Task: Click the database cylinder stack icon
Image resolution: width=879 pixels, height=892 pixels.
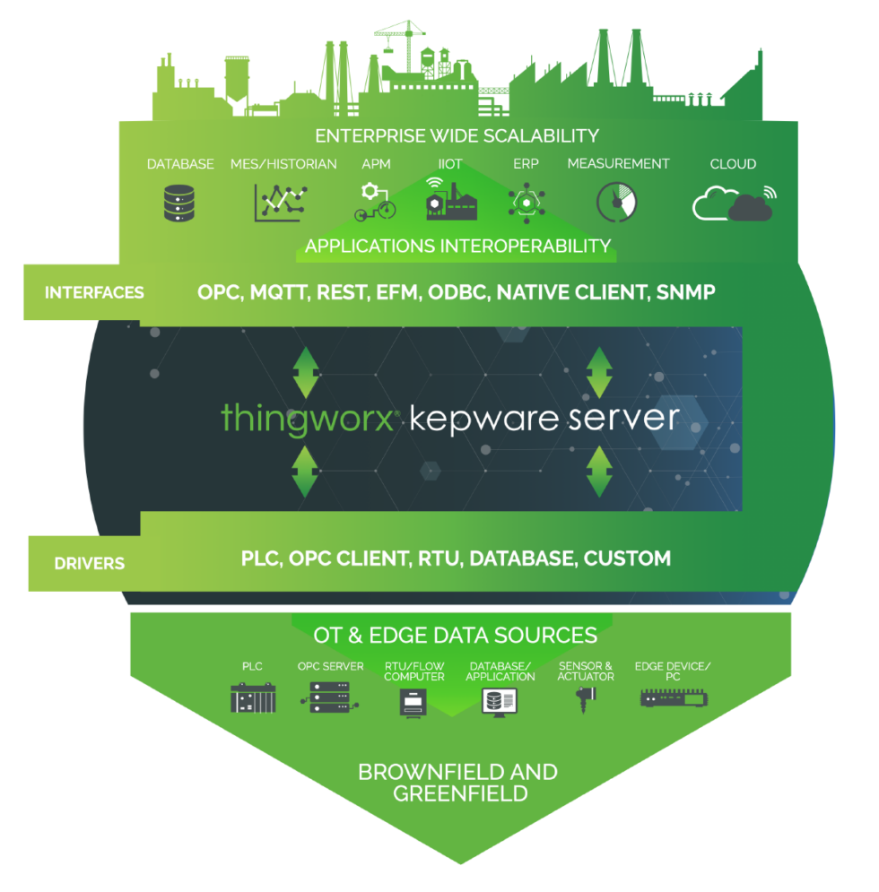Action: click(x=180, y=202)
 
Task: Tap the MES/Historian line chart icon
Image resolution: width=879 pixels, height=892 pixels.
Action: click(x=280, y=203)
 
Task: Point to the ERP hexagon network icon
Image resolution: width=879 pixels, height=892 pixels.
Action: click(x=525, y=202)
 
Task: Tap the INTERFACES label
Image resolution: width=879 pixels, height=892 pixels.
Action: click(x=94, y=292)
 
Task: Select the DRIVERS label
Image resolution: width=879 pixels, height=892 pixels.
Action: click(x=89, y=564)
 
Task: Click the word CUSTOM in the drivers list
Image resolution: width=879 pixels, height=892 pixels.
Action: click(x=627, y=559)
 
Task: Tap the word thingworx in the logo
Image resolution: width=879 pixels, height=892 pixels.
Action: click(x=308, y=419)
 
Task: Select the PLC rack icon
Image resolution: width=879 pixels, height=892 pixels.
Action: click(x=253, y=697)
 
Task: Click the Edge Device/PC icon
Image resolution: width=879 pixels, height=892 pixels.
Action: click(x=672, y=697)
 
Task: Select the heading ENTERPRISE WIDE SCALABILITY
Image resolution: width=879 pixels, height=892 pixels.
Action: click(x=457, y=136)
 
